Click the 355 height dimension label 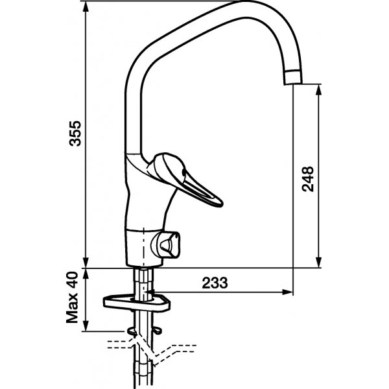pos(75,133)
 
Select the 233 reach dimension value pos(215,283)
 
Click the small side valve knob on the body pos(171,244)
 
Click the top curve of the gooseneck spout pos(246,10)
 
